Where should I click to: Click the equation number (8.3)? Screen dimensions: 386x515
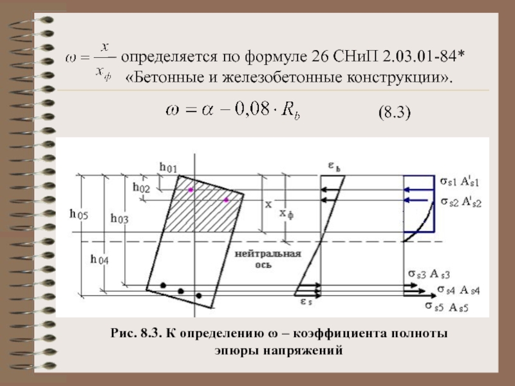392,114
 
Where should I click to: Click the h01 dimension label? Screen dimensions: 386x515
168,168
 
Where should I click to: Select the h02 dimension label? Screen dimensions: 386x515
142,187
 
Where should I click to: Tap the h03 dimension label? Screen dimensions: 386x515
119,219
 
